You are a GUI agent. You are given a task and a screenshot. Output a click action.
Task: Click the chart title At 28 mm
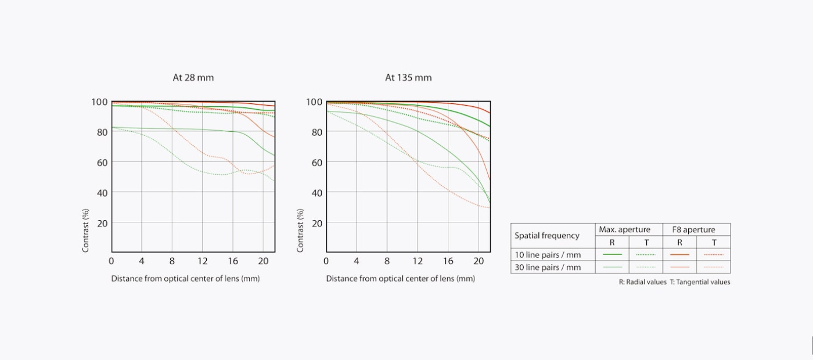[x=193, y=78]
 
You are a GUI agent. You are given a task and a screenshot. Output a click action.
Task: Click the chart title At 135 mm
[x=408, y=78]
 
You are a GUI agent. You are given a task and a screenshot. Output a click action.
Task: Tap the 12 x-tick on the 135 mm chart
[x=417, y=261]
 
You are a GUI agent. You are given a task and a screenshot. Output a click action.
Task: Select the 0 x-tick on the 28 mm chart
[x=111, y=261]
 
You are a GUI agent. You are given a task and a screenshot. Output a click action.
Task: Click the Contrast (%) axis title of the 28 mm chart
[x=86, y=231]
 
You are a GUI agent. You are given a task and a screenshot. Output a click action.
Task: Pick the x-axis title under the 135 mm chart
[x=400, y=279]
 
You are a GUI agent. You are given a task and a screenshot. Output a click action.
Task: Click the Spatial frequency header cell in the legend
[x=547, y=236]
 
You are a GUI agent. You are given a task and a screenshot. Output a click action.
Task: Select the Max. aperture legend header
[x=624, y=230]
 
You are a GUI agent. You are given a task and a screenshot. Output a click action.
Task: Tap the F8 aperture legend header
[x=693, y=230]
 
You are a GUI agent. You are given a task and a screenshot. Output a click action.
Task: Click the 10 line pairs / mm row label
[x=548, y=255]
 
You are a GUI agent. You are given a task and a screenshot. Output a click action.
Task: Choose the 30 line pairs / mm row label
[x=548, y=268]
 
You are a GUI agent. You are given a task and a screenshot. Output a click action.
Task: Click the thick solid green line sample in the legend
[x=612, y=255]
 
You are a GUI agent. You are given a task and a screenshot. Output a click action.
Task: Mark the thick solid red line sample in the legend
[x=679, y=255]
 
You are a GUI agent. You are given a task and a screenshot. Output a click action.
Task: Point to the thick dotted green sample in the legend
[x=646, y=255]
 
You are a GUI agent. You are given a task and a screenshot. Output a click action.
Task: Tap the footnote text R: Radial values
[x=642, y=282]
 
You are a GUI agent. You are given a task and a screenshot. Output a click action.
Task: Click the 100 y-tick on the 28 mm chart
[x=99, y=102]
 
